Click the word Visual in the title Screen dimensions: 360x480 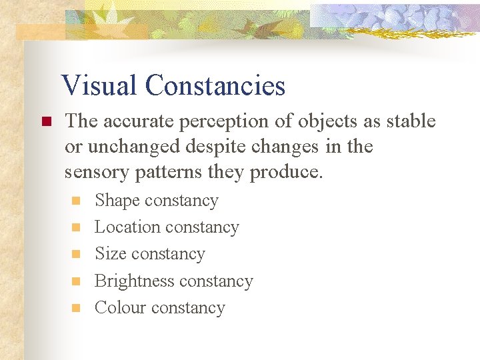coord(100,86)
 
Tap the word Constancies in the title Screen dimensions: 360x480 coord(215,86)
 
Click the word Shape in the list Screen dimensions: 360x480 coord(117,201)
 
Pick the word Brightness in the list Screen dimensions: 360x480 coord(137,281)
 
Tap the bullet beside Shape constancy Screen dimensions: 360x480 coord(77,201)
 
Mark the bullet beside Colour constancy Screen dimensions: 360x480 coord(77,308)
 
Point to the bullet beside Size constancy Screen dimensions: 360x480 coord(77,255)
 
